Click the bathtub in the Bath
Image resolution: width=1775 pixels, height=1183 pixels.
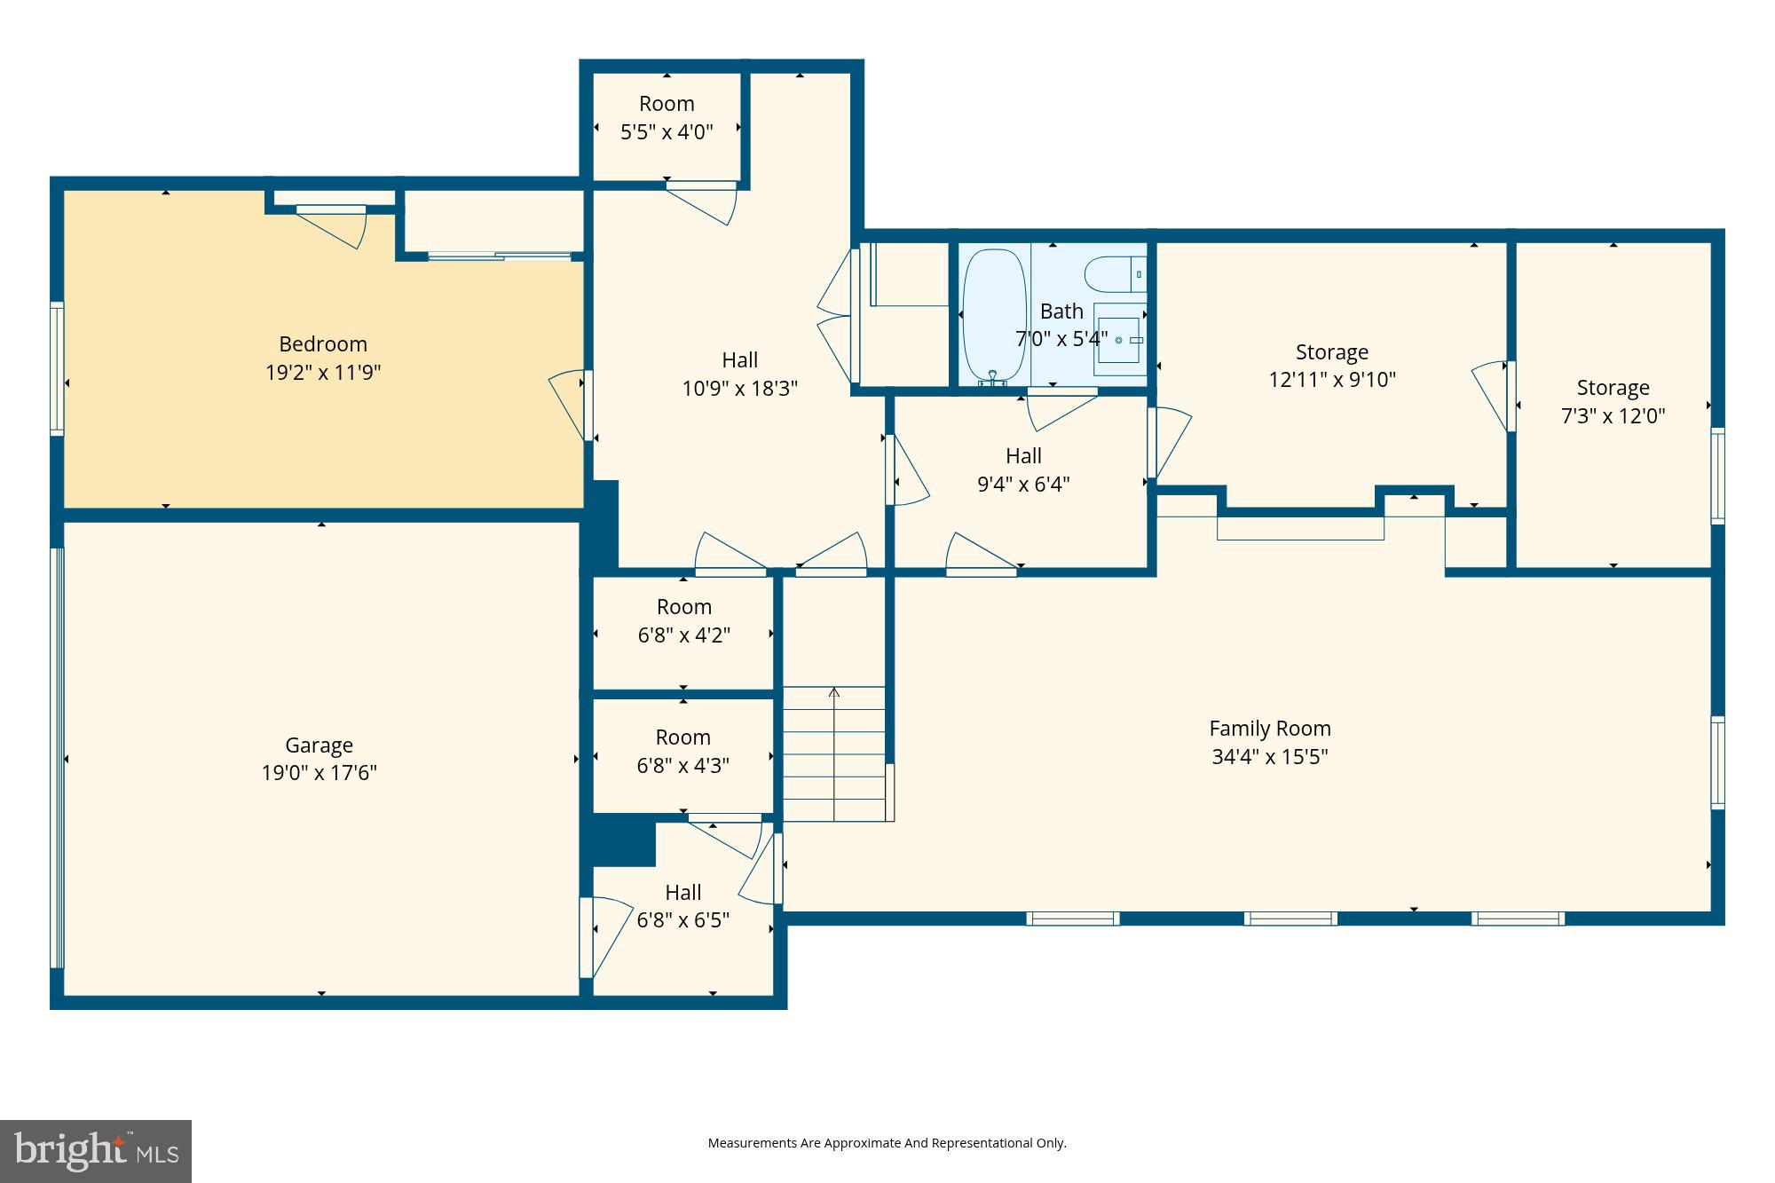coord(993,315)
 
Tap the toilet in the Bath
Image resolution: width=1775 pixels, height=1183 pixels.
coord(1115,274)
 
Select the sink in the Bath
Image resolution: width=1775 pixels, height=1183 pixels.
coord(1118,339)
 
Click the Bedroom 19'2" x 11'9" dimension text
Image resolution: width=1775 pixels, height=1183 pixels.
coord(323,373)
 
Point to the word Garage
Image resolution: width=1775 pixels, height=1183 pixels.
coord(319,745)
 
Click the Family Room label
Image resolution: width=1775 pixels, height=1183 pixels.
coord(1269,729)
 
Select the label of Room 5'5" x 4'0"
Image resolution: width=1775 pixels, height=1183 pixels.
coord(667,117)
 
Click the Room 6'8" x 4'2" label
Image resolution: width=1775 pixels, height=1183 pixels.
coord(683,620)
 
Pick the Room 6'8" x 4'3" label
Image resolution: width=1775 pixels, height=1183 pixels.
coord(682,751)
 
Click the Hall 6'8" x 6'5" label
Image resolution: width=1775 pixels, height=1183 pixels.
coord(682,906)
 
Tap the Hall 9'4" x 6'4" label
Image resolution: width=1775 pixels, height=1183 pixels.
coord(1023,469)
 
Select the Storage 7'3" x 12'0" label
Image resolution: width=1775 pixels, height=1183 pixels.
coord(1613,401)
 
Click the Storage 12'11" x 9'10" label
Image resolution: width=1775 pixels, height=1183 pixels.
coord(1331,366)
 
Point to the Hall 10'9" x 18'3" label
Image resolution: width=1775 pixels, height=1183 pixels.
coord(739,374)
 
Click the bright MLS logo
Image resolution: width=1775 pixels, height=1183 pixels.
coord(96,1151)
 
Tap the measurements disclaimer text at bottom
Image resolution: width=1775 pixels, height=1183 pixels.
coord(887,1143)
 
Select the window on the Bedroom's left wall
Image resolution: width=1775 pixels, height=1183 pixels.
coord(57,368)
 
